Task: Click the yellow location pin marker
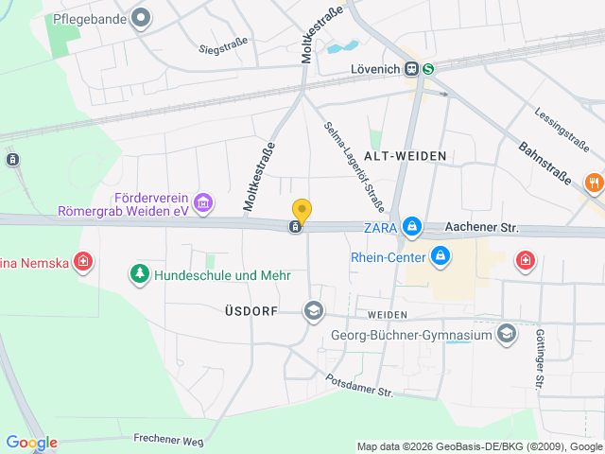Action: (302, 211)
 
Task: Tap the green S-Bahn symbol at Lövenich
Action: (429, 68)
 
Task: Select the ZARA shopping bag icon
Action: (412, 227)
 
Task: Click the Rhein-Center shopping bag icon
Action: (441, 255)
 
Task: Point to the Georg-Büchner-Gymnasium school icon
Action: (508, 333)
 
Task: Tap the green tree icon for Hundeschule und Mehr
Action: (140, 274)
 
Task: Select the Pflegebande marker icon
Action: (142, 17)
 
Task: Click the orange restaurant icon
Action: (595, 183)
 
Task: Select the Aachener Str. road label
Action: (483, 228)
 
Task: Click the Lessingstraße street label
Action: (562, 130)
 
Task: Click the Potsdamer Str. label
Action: (358, 385)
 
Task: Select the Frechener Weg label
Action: (168, 438)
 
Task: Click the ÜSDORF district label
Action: (251, 310)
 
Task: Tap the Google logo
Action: (31, 442)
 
